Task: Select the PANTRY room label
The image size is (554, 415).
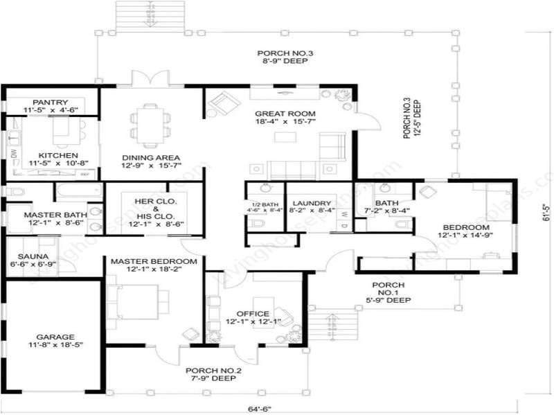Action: coord(49,102)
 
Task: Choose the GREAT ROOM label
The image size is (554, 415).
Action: coord(285,114)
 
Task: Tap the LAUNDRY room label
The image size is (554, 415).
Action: coord(310,203)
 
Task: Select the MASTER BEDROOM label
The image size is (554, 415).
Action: coord(154,261)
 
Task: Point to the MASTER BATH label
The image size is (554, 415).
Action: coord(53,215)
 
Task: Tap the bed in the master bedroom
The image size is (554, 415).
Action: coord(138,299)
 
